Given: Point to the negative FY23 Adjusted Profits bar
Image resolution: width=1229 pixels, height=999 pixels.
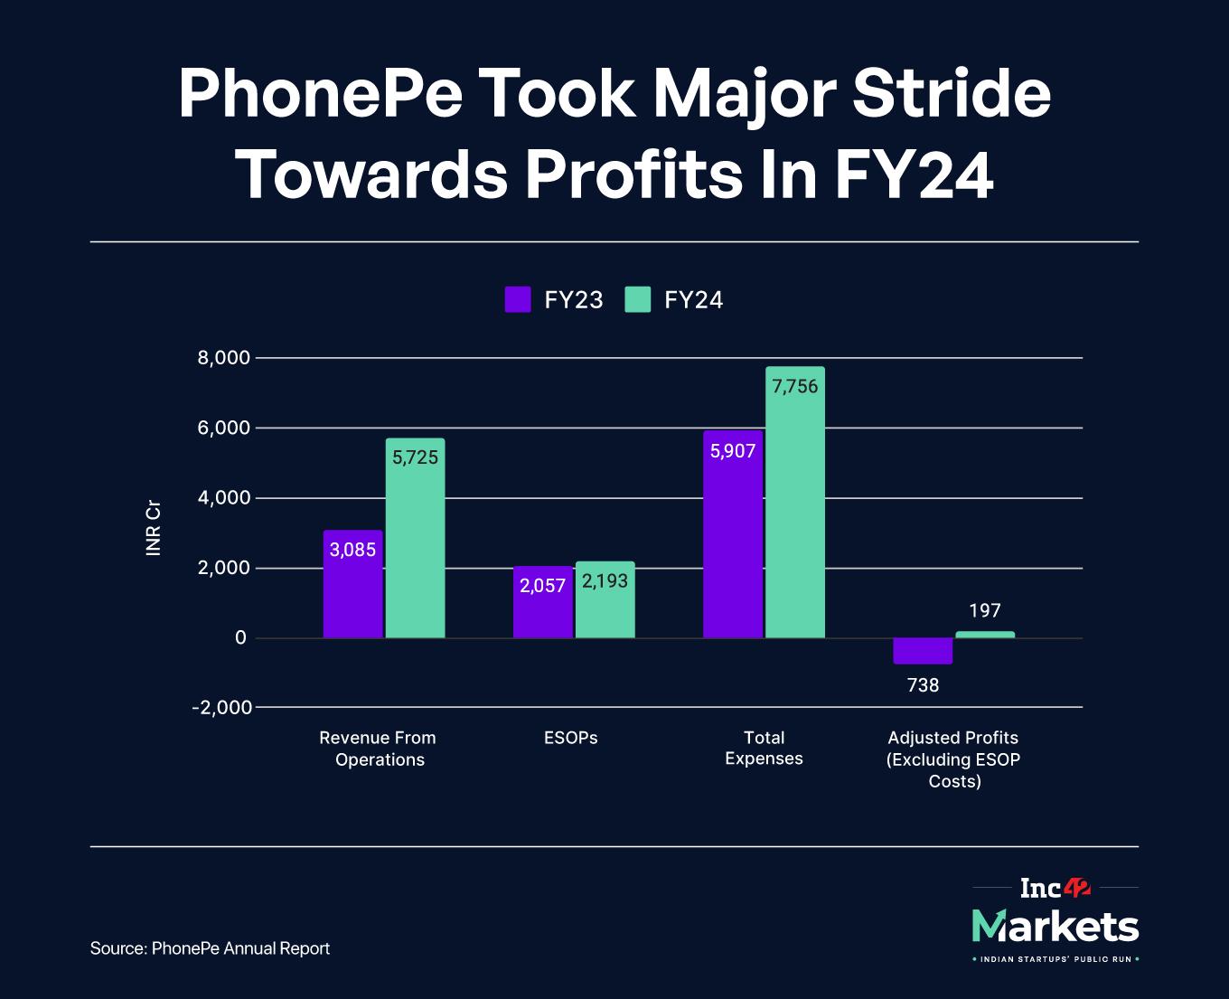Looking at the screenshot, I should (x=923, y=651).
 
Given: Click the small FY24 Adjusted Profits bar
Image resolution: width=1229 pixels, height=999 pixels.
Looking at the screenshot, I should (x=985, y=635).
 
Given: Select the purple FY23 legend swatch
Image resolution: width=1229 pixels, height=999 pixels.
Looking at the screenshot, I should (x=518, y=299).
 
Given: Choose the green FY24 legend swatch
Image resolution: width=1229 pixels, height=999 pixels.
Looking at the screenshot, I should (x=638, y=299).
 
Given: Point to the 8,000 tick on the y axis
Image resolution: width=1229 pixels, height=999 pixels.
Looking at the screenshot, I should (x=223, y=358).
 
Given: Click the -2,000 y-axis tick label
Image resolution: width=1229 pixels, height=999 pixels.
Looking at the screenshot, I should (x=221, y=707).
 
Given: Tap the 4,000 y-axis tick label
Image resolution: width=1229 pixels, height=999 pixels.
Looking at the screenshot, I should (x=223, y=498).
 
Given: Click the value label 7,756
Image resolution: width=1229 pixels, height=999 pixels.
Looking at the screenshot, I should (x=795, y=387).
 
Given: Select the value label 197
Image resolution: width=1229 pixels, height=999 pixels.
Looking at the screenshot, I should (x=985, y=611).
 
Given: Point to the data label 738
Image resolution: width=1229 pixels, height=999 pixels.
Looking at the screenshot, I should (x=923, y=685).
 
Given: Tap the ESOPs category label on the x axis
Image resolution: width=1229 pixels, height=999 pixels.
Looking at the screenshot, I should (x=571, y=738).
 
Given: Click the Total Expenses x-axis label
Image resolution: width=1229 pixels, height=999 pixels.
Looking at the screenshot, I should (x=764, y=749).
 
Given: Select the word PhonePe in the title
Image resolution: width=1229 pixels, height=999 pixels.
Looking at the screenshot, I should (x=320, y=94).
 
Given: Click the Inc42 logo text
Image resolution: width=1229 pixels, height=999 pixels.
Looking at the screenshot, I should (x=1055, y=889).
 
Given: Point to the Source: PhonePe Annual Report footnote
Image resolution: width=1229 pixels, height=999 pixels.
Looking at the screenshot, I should (x=210, y=948).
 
